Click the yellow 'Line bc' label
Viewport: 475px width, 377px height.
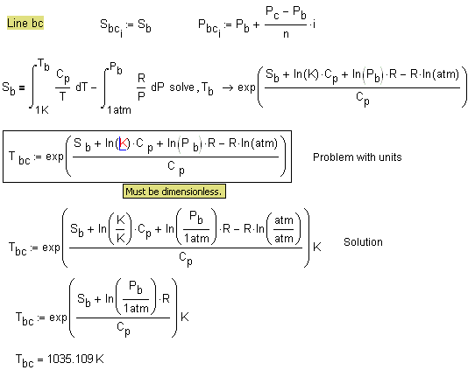25,23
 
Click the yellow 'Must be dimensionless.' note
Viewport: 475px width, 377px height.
174,192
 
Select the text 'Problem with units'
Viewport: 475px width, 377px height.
358,157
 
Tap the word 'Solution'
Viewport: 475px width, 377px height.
363,242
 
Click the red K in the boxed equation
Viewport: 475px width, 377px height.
124,143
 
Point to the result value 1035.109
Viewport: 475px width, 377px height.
70,359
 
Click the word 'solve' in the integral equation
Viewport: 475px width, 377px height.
181,87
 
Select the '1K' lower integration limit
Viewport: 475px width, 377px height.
42,109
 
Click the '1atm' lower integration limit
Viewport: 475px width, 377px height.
119,109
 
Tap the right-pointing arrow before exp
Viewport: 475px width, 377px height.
228,87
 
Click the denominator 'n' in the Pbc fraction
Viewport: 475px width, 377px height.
286,34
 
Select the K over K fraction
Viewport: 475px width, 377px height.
121,229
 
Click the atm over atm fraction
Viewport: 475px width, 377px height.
284,229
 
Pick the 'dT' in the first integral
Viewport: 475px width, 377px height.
82,87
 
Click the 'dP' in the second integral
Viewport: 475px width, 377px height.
158,87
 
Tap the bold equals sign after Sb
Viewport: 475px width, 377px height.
22,87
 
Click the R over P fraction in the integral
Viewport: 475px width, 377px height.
141,87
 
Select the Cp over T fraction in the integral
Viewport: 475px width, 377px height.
63,86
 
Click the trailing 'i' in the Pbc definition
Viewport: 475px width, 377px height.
314,24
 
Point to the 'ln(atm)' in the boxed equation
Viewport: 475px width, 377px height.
259,143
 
